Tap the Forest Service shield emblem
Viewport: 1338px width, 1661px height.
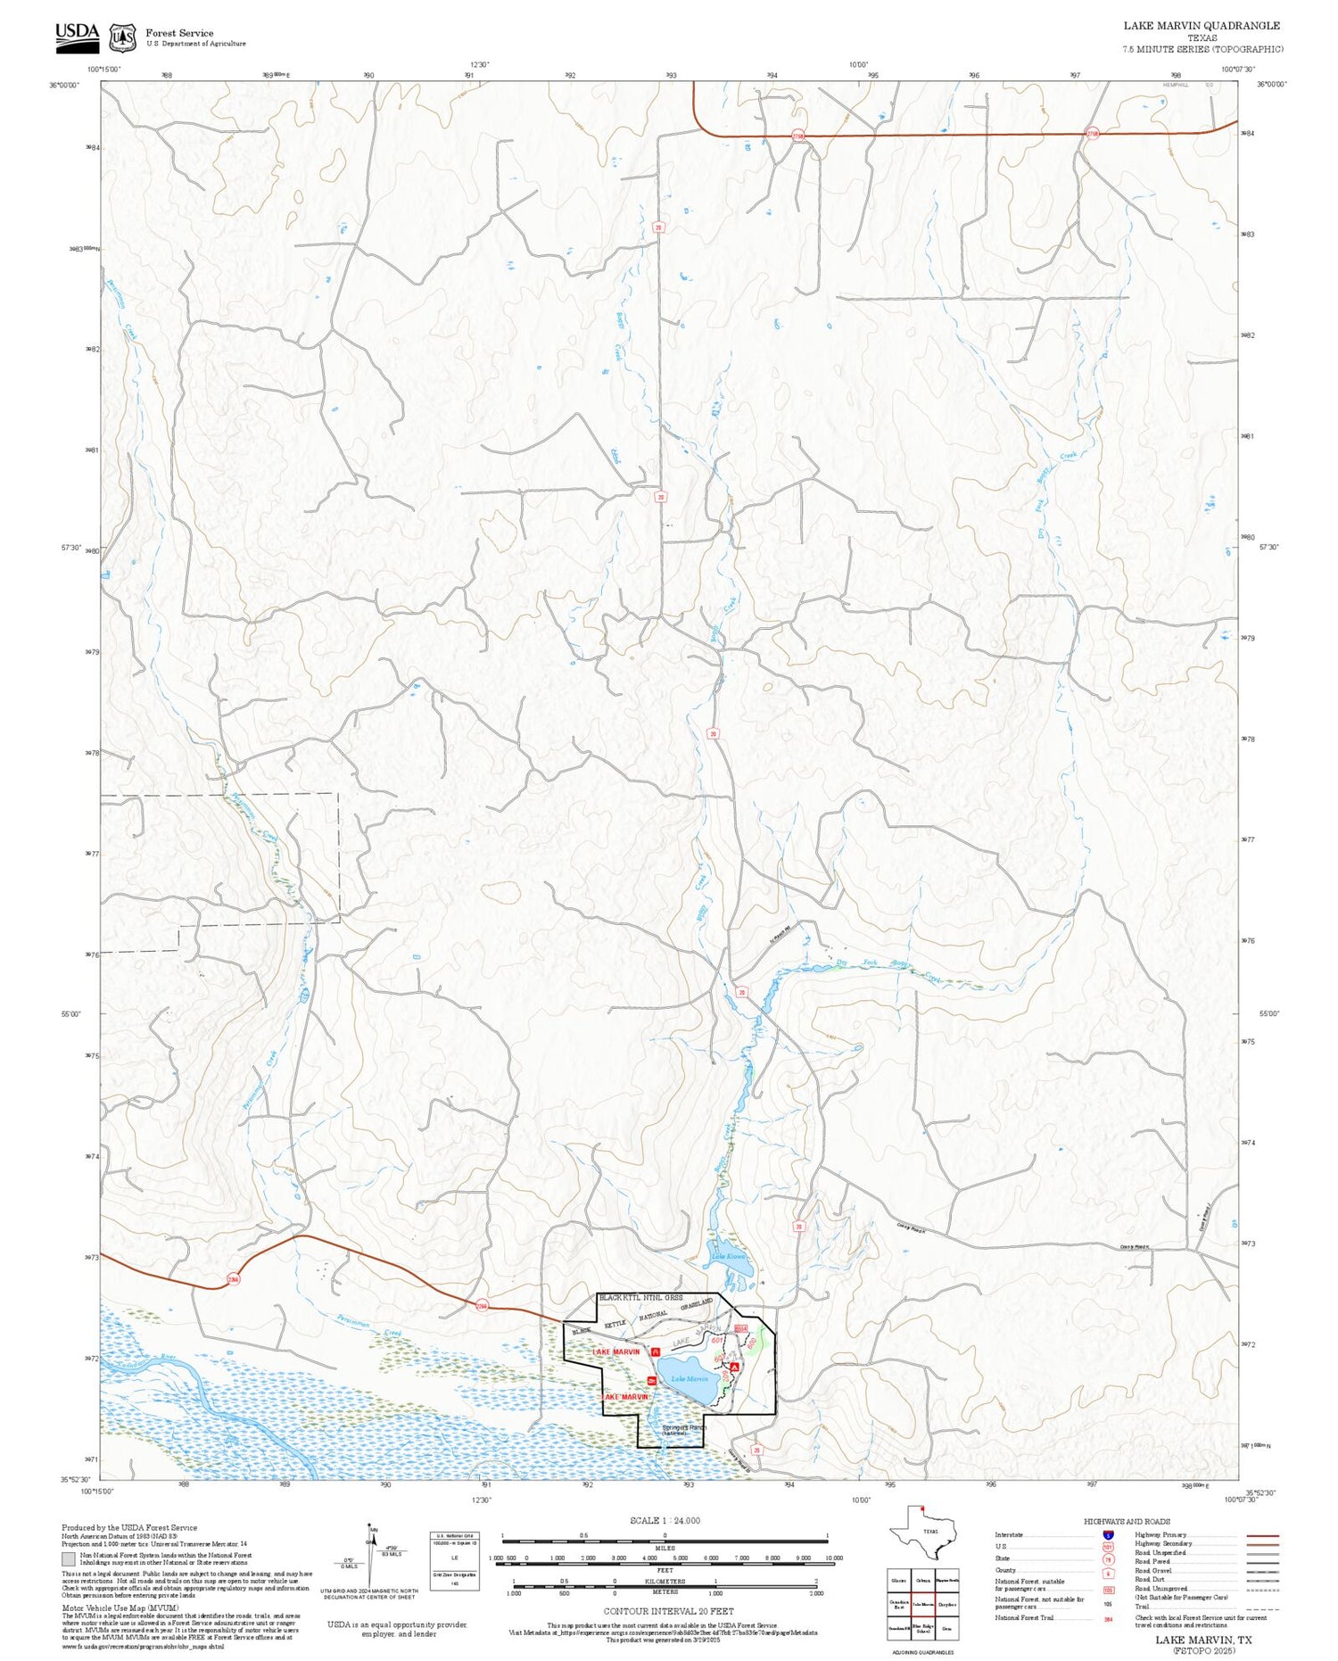coord(122,37)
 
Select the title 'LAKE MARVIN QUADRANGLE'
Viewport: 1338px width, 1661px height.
coord(1201,26)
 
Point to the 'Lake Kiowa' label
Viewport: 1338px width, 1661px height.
coord(728,1257)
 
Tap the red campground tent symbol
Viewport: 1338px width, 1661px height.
coord(734,1366)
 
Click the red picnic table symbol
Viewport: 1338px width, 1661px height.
coord(657,1351)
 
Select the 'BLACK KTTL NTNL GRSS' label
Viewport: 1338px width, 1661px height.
coord(640,1297)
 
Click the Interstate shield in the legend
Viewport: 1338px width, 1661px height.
coord(1108,1534)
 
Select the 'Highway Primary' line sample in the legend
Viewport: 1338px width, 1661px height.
coord(1258,1535)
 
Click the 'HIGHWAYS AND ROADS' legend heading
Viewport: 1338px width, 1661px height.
coord(1127,1521)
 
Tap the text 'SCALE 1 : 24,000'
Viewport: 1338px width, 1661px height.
coord(665,1520)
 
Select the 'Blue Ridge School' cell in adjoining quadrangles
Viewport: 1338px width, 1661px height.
coord(923,1628)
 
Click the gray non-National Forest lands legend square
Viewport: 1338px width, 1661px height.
coord(69,1559)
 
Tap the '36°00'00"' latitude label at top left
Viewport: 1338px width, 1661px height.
coord(63,85)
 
